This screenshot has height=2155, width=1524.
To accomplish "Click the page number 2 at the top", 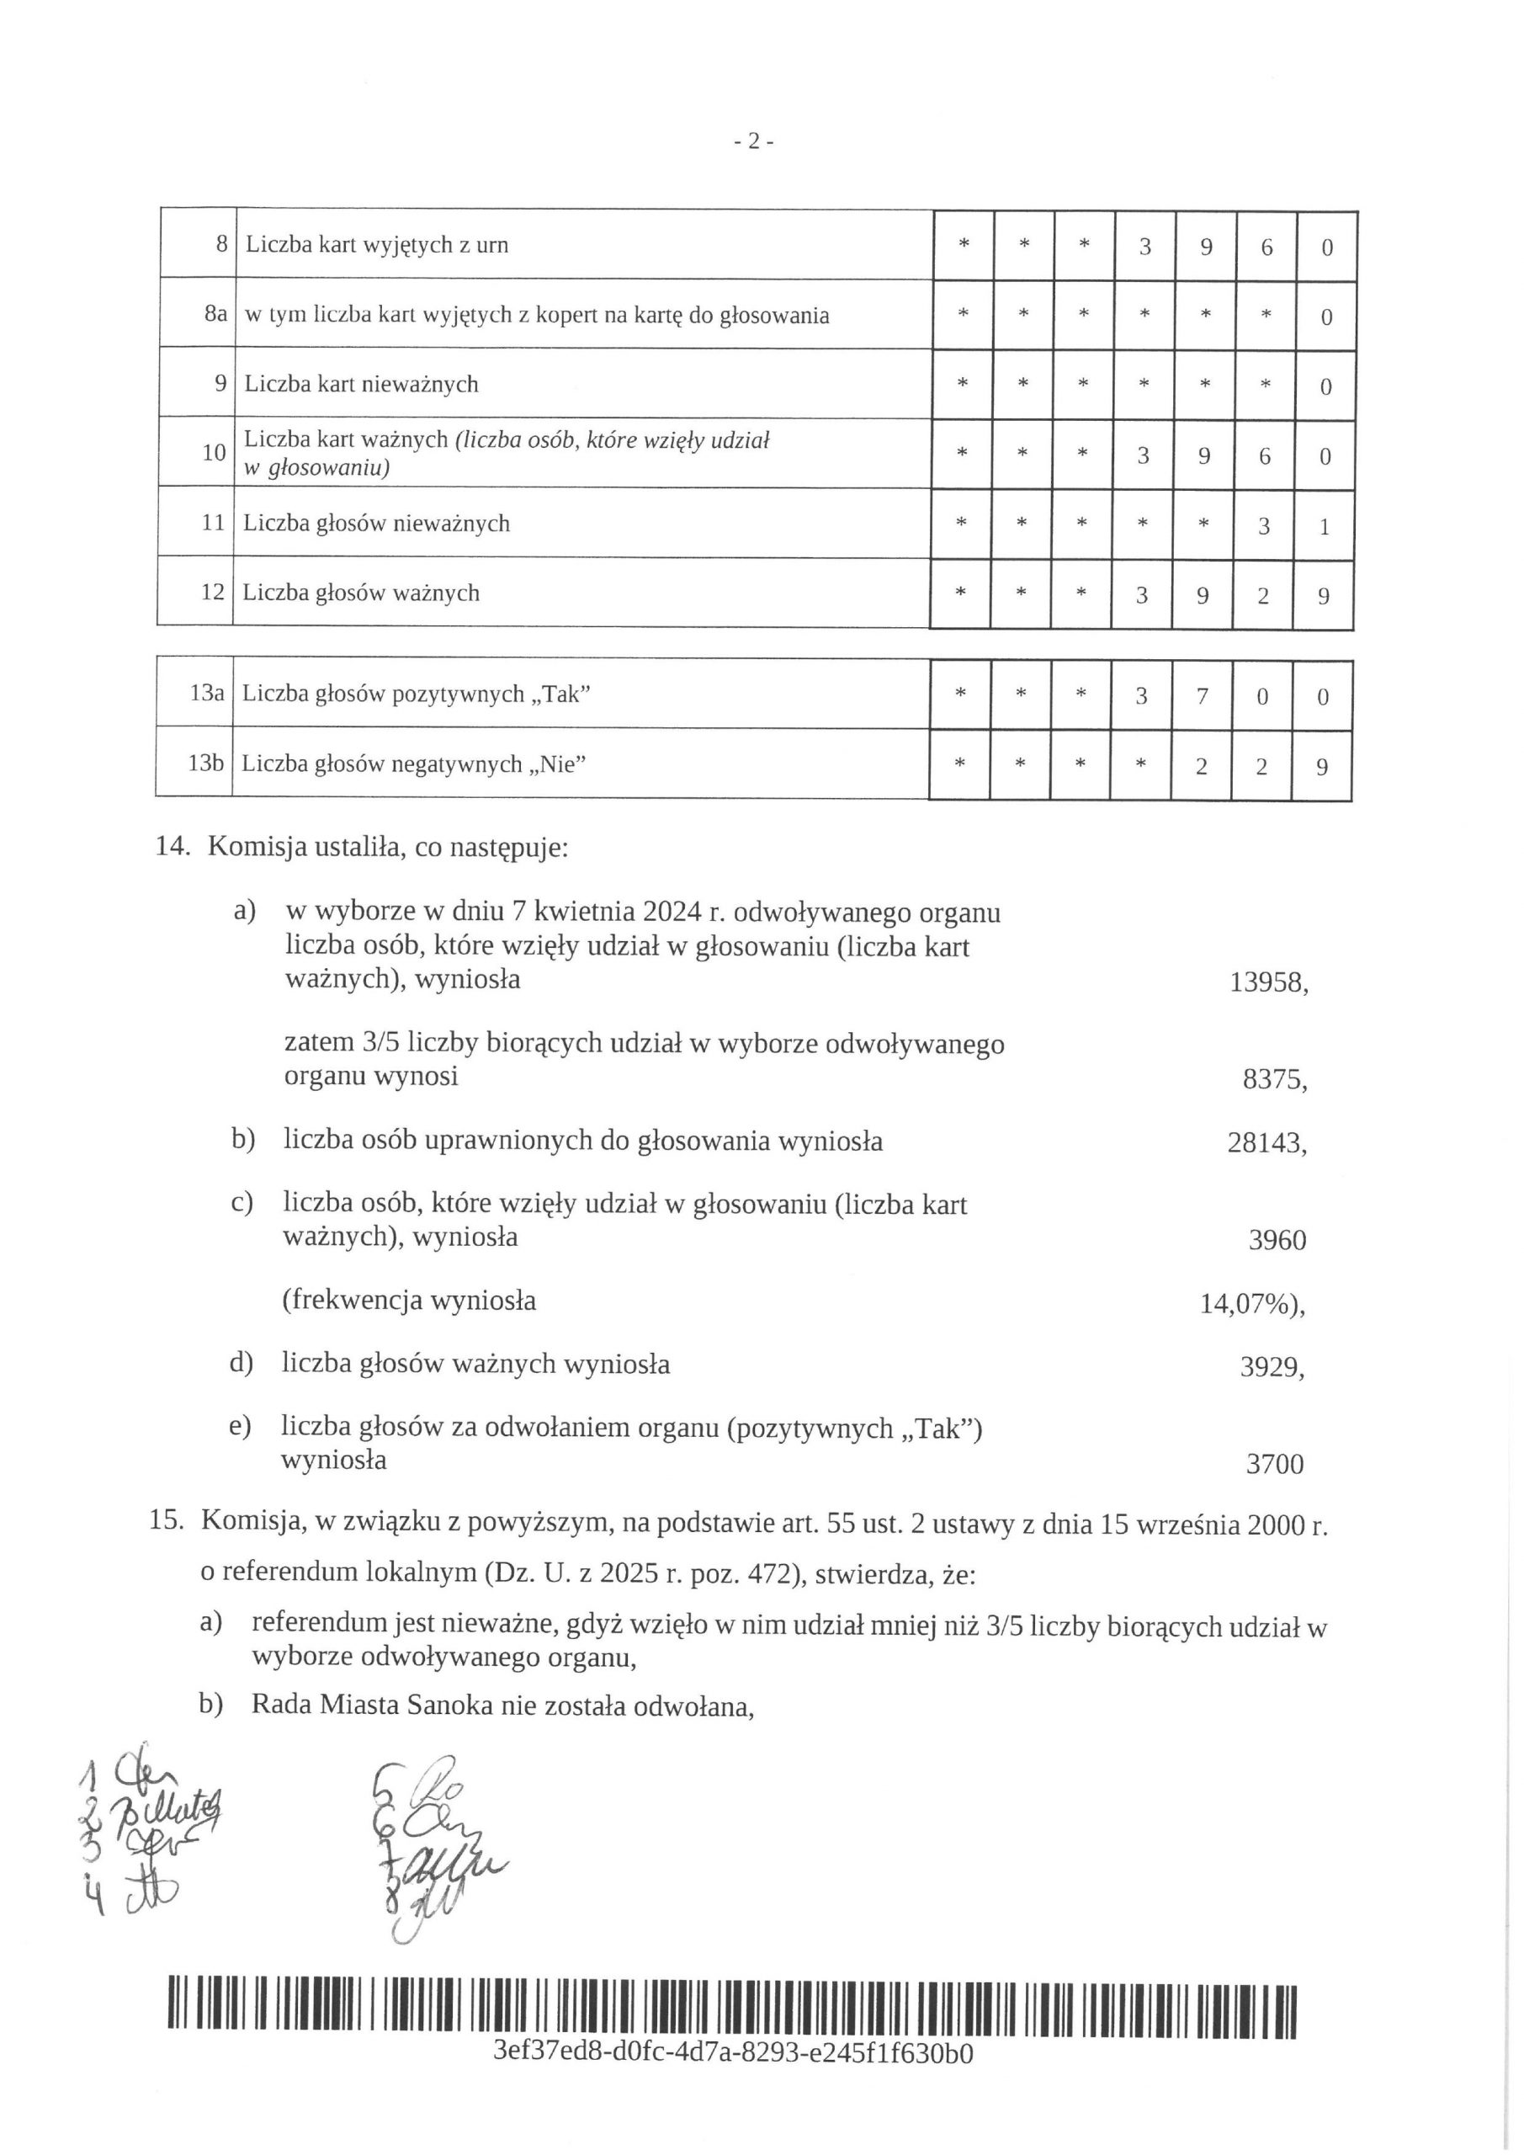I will coord(752,141).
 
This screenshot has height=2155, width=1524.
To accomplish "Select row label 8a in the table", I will coord(215,313).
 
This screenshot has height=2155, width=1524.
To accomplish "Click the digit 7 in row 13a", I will coord(1201,695).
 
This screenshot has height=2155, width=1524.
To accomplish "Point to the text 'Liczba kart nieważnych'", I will coord(361,384).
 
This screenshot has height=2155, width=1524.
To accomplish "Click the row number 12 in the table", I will coord(213,593).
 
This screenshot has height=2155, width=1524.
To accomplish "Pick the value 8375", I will coord(1272,1079).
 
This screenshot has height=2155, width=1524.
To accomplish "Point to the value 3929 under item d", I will coord(1271,1368).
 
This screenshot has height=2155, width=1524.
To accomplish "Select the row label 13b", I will coord(205,763).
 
